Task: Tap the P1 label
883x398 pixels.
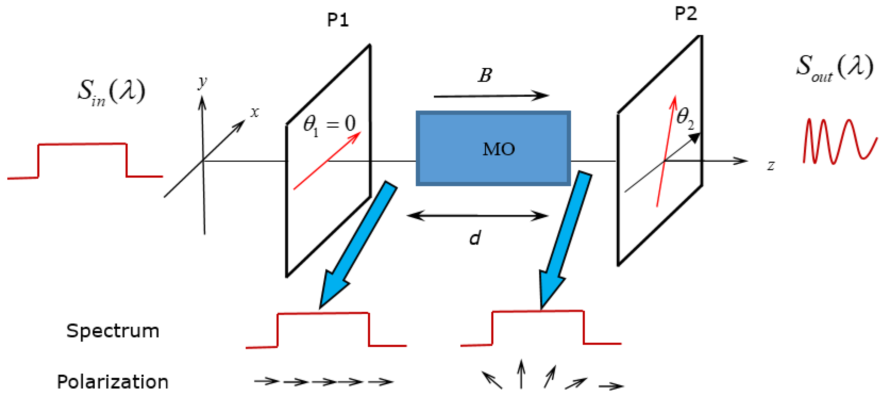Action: pos(338,20)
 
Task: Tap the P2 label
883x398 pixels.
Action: pos(686,14)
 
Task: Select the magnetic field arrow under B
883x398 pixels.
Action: pos(490,96)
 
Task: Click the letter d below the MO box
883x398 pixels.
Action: pos(475,238)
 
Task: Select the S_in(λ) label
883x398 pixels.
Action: pos(111,92)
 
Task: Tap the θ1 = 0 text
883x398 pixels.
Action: pos(329,124)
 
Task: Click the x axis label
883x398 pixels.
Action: pos(254,112)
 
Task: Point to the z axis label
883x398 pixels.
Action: pos(771,165)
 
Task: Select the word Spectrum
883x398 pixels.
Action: pos(113,331)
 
